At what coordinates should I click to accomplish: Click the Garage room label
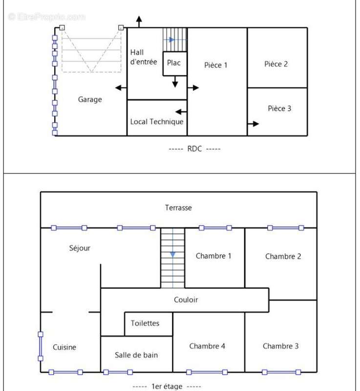tap(90, 100)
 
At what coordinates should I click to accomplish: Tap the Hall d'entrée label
tap(144, 57)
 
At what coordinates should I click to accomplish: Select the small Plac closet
tap(175, 64)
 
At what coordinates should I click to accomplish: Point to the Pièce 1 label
tap(216, 65)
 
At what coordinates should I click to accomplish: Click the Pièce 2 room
tap(277, 58)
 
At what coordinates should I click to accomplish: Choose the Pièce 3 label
tap(279, 109)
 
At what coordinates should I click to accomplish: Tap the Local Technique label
tap(157, 122)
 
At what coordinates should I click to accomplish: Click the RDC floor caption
tap(194, 149)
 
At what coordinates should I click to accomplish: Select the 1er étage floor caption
tap(167, 386)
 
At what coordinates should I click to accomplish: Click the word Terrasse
tap(178, 208)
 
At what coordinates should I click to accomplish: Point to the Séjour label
tap(80, 248)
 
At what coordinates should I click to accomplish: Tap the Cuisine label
tap(64, 347)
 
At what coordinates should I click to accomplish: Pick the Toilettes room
tap(148, 324)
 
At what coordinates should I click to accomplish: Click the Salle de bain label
tap(136, 355)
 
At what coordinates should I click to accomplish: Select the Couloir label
tap(186, 300)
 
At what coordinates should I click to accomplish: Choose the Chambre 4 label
tap(207, 346)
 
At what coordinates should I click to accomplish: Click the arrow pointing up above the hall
tap(139, 22)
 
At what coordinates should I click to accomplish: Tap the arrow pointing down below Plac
tap(175, 82)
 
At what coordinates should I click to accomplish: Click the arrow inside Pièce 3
tap(253, 124)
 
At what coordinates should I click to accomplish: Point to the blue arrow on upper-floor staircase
tap(172, 254)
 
